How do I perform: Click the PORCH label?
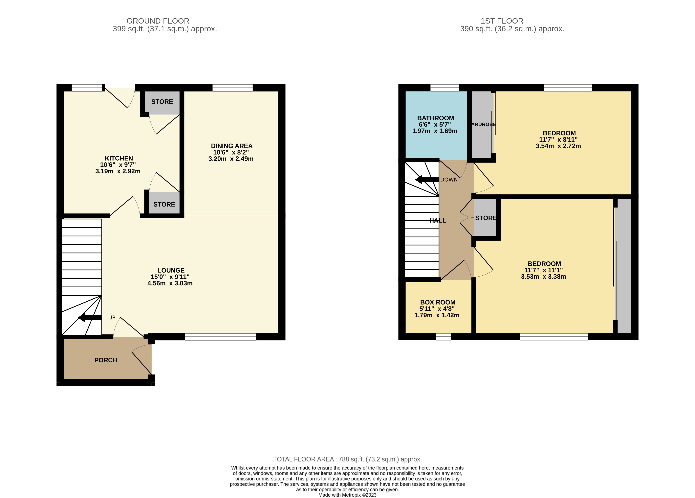[106, 360]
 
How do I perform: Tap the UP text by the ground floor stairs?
[112, 318]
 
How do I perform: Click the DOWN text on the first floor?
[449, 180]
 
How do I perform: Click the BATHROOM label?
[435, 118]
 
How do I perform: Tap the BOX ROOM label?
[438, 302]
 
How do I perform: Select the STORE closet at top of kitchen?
[162, 102]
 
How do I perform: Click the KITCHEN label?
[119, 158]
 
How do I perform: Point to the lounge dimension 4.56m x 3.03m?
[170, 283]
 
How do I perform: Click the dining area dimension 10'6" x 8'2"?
[231, 152]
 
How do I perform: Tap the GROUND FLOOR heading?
[158, 21]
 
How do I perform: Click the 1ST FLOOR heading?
[502, 21]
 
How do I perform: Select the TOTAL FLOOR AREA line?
[347, 459]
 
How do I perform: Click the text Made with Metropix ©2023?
[347, 495]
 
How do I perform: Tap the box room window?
[443, 337]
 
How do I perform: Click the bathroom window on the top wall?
[445, 88]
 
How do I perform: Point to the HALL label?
[438, 221]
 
